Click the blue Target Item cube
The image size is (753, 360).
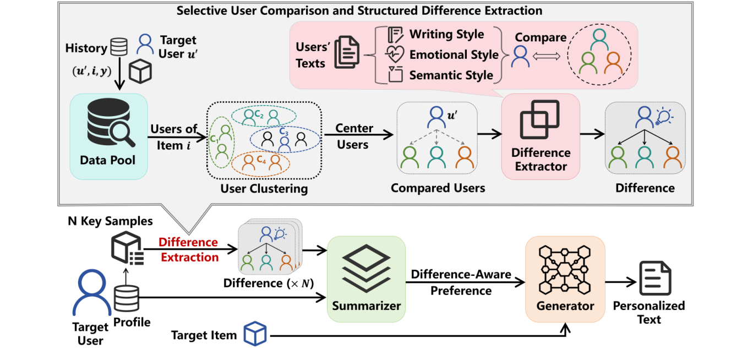coord(255,334)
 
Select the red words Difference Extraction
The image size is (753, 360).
coord(188,249)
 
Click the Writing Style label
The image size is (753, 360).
coord(446,34)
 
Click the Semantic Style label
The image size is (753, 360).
coord(451,75)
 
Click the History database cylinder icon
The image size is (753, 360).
coord(119,48)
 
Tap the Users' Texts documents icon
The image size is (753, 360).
coord(347,54)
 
